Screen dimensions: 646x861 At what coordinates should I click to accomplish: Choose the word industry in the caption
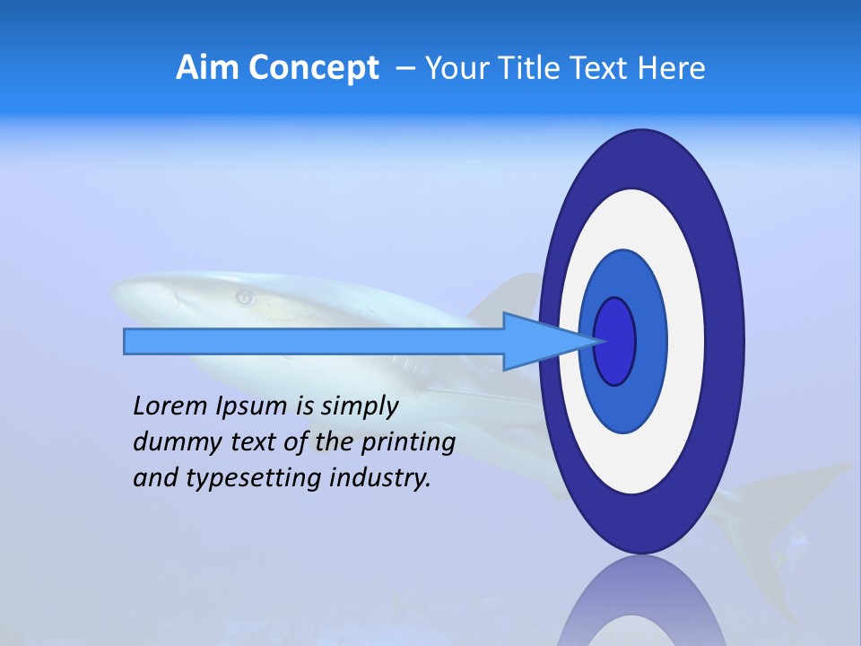pyautogui.click(x=380, y=477)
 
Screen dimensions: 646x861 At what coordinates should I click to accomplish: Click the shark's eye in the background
pyautogui.click(x=243, y=296)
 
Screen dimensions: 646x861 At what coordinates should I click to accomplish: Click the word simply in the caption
pyautogui.click(x=359, y=406)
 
